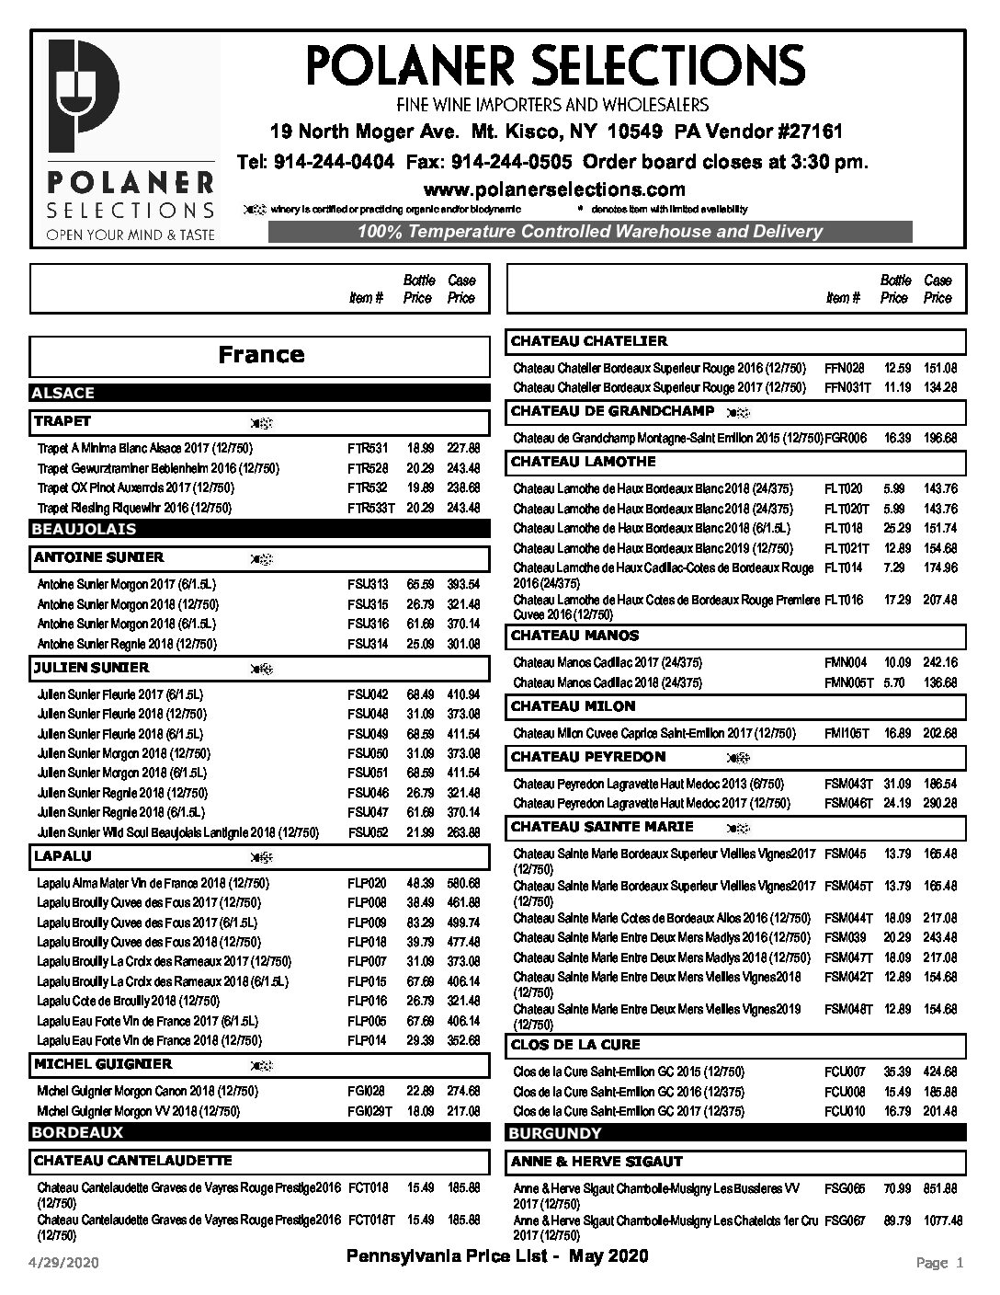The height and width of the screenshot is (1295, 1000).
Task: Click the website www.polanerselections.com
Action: pyautogui.click(x=554, y=189)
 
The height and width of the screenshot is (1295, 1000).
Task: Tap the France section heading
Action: pyautogui.click(x=261, y=355)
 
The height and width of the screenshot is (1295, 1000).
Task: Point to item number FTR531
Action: pyautogui.click(x=368, y=449)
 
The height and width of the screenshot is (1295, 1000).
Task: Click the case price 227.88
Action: pyautogui.click(x=463, y=449)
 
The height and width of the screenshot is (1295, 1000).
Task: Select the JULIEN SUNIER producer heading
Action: pyautogui.click(x=91, y=668)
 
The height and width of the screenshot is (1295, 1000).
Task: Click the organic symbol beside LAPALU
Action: pyautogui.click(x=262, y=857)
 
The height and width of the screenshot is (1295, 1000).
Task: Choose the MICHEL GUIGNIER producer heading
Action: pyautogui.click(x=103, y=1064)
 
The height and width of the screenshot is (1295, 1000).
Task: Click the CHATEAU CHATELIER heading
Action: pyautogui.click(x=589, y=341)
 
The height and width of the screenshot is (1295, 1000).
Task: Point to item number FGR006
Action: pyautogui.click(x=846, y=439)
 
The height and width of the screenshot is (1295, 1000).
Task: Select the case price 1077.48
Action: pyautogui.click(x=937, y=1221)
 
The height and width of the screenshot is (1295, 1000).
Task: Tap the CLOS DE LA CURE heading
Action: pyautogui.click(x=575, y=1045)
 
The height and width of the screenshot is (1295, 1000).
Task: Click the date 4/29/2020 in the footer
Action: pyautogui.click(x=64, y=1263)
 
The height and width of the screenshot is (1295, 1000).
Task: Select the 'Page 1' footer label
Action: pyautogui.click(x=939, y=1263)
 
